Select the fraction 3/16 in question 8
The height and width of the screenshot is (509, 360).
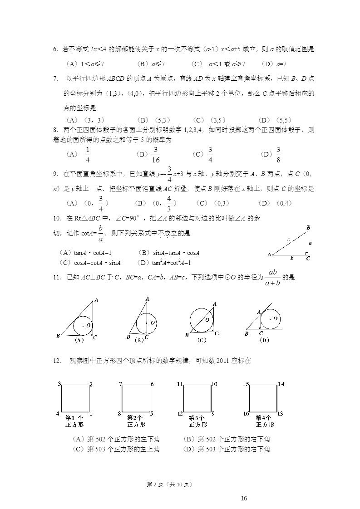[x=156, y=154]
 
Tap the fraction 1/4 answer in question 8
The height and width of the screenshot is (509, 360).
[x=88, y=154]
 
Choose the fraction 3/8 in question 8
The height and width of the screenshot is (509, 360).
[x=278, y=154]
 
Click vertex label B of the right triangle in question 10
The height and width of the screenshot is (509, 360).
[x=308, y=227]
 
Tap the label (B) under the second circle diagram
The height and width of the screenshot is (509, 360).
[x=139, y=339]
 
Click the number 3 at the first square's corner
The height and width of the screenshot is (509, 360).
[x=59, y=384]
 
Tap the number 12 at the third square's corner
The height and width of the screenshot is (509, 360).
[x=180, y=414]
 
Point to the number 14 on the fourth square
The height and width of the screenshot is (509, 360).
[x=281, y=384]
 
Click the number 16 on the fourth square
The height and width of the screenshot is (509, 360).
[x=246, y=414]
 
